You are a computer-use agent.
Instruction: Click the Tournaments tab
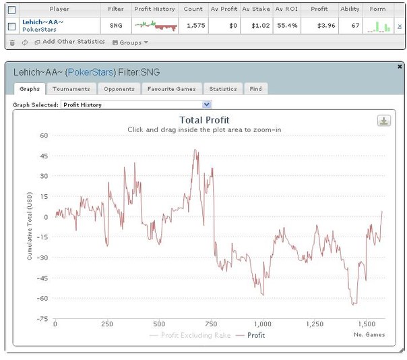click(71, 89)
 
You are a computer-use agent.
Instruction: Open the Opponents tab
click(119, 89)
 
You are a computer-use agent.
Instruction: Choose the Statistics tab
click(222, 89)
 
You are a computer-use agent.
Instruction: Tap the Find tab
click(255, 89)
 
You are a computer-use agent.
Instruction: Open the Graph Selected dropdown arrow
click(207, 105)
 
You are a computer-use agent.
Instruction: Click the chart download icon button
click(383, 121)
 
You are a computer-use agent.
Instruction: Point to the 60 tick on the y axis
click(44, 135)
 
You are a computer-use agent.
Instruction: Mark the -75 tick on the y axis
click(42, 319)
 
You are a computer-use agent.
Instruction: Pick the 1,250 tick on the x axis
click(315, 324)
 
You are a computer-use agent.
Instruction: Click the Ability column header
click(350, 9)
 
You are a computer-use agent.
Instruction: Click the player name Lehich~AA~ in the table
click(42, 22)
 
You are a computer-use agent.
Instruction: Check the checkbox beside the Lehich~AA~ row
click(11, 26)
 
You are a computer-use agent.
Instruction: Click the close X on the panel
click(400, 67)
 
